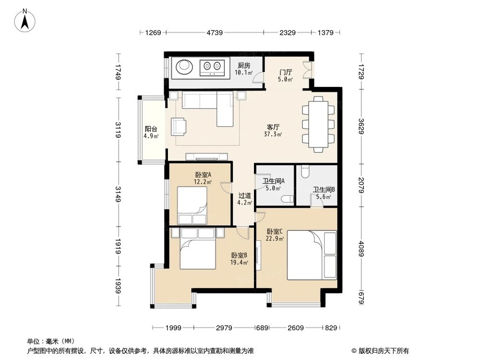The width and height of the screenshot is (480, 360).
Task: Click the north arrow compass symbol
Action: click(x=25, y=21)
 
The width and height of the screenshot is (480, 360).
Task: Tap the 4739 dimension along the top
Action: click(x=214, y=33)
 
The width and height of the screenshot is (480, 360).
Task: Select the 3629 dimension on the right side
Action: click(x=361, y=126)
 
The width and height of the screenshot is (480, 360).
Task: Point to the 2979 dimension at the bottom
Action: click(x=224, y=328)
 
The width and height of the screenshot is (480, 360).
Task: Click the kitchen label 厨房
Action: click(x=244, y=65)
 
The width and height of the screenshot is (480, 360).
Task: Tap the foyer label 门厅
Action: click(x=285, y=72)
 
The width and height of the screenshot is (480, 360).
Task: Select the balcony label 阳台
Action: click(x=151, y=129)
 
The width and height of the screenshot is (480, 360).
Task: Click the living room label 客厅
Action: click(x=273, y=127)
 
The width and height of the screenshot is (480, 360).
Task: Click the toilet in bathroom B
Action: click(x=305, y=172)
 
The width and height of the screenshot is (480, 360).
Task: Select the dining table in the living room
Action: click(x=318, y=124)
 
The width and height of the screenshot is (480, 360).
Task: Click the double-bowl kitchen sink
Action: click(x=212, y=67)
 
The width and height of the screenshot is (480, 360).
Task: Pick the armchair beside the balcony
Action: click(x=179, y=127)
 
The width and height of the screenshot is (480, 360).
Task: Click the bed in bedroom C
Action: click(x=312, y=255)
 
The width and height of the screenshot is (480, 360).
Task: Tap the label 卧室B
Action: click(x=239, y=255)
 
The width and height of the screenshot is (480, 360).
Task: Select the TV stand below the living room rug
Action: click(x=207, y=157)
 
